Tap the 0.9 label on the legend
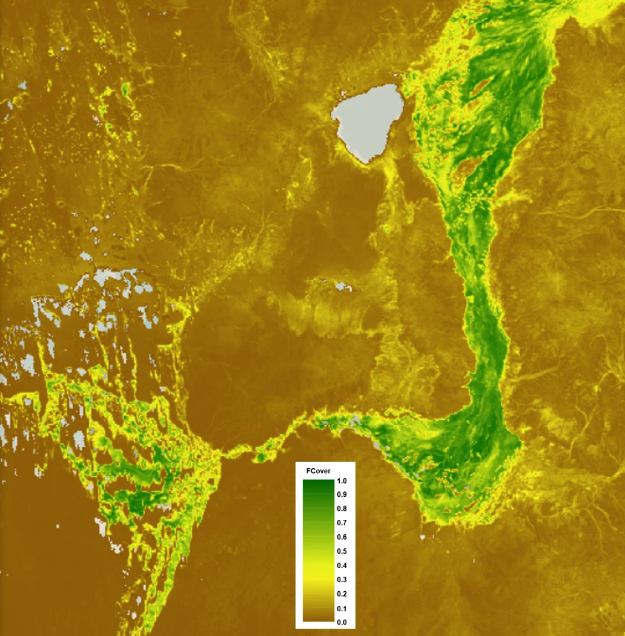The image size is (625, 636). [x=342, y=495]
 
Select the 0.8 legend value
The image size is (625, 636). [x=342, y=509]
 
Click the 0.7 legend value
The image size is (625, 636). [x=342, y=523]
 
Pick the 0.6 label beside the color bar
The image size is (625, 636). [x=342, y=537]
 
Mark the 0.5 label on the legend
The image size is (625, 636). [x=342, y=551]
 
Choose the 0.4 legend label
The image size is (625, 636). [x=342, y=565]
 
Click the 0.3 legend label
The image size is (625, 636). [x=342, y=580]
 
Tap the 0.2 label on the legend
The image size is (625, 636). [x=342, y=594]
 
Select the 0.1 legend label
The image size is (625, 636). [x=342, y=608]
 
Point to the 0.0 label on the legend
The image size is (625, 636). [x=342, y=622]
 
